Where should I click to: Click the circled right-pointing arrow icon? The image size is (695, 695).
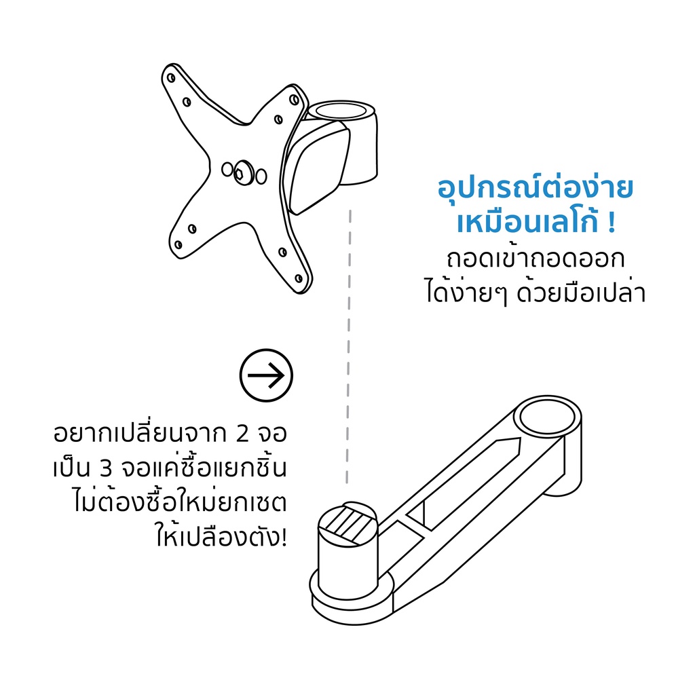[266, 375]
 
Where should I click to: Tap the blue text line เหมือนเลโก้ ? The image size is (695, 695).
[536, 222]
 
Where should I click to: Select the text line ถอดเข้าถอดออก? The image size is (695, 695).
[536, 259]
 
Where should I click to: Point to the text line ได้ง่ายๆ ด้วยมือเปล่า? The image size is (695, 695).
[536, 293]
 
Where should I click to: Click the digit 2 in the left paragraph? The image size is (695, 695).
[243, 433]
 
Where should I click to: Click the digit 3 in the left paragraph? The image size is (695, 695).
[106, 468]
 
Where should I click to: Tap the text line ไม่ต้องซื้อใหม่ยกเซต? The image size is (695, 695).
[180, 503]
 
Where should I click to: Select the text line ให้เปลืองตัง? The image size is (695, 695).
[221, 538]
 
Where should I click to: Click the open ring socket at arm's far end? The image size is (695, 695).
[547, 417]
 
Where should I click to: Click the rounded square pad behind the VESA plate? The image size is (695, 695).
[317, 168]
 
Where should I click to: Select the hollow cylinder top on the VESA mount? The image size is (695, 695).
[341, 111]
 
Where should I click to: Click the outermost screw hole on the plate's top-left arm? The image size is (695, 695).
[170, 78]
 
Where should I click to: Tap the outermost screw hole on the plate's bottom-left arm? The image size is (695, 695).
[179, 244]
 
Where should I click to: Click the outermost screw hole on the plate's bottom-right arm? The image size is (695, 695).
[299, 278]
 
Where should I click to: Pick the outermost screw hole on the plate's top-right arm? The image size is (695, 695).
[294, 99]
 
